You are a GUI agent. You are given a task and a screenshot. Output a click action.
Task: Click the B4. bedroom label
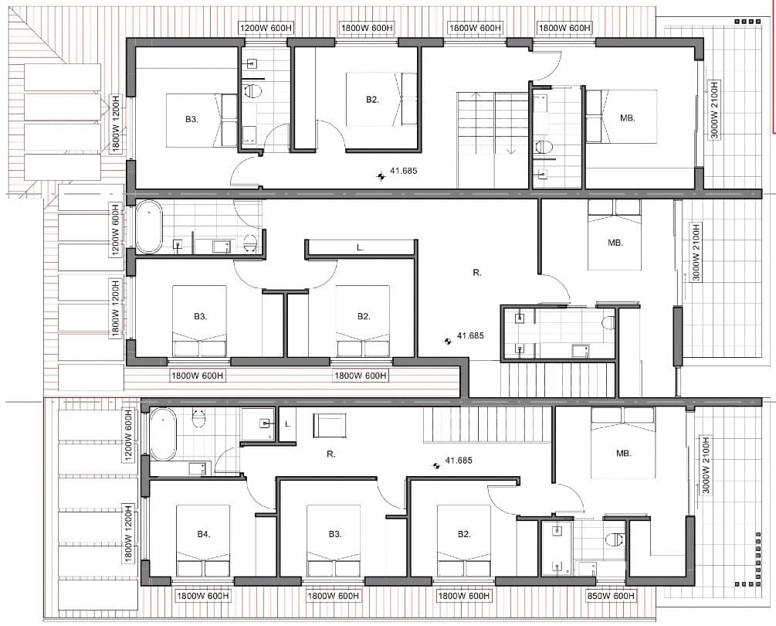coord(203,534)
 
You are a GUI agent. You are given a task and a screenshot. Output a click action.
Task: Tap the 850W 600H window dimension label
coord(610,596)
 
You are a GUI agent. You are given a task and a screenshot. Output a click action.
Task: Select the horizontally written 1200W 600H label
coord(266,29)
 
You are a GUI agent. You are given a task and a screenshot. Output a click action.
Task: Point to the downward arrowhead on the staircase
coord(511,150)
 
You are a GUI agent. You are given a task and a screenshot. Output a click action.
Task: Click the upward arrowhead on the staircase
coord(477,95)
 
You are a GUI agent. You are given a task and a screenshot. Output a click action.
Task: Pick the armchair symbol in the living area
coord(330,425)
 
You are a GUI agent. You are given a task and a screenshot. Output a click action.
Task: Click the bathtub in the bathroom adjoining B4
coord(163,434)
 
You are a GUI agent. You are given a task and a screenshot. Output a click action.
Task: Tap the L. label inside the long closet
coord(361,247)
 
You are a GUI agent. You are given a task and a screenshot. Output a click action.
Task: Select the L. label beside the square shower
coord(288,424)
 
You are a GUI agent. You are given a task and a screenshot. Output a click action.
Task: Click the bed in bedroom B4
coord(203,541)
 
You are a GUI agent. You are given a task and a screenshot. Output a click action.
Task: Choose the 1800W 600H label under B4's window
coord(203,596)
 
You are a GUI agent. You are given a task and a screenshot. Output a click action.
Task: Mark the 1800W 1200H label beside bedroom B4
coord(127,533)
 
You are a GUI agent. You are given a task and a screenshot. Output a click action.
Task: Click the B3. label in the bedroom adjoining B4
coord(335,534)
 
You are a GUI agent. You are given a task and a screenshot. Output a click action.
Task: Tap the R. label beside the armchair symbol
coord(331,454)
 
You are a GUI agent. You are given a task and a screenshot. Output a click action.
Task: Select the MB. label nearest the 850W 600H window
coord(624,453)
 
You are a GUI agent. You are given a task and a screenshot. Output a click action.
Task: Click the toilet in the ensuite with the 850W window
coord(615,539)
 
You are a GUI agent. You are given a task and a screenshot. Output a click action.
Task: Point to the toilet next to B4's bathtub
coord(198,418)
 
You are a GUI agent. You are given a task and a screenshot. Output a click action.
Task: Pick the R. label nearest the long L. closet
coord(477,272)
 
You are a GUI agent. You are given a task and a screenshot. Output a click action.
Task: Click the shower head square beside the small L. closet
coord(266,424)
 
